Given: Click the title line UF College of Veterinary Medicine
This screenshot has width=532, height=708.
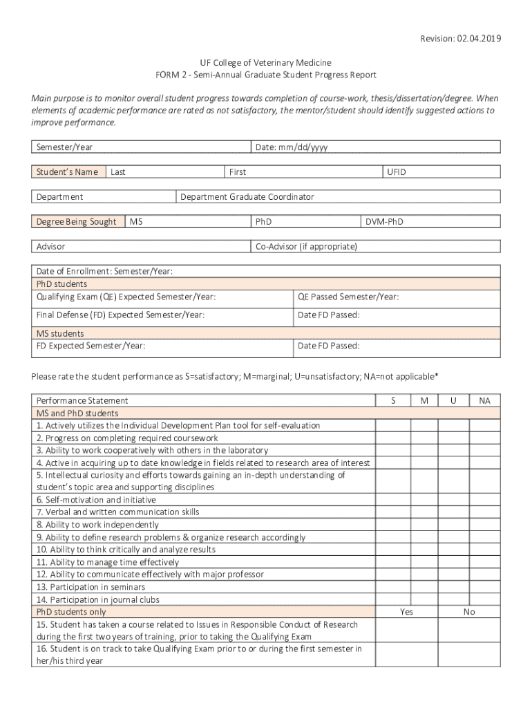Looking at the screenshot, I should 266,63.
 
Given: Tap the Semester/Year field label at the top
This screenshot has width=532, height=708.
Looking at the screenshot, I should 65,147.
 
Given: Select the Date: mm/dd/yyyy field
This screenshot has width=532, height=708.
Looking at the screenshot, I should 292,147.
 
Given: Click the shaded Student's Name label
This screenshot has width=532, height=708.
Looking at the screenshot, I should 68,172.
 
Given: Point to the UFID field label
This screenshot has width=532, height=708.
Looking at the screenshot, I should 397,172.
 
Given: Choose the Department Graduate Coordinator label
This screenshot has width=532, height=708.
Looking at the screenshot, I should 247,197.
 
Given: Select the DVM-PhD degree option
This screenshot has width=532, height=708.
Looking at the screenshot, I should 385,222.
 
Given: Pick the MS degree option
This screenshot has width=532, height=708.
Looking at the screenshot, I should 137,222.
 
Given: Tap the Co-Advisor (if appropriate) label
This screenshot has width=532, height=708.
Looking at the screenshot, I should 306,247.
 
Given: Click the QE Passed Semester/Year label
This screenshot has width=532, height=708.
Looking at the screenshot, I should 348,297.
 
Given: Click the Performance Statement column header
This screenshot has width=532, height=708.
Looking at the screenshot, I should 82,400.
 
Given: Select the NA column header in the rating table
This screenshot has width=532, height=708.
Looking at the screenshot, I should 484,400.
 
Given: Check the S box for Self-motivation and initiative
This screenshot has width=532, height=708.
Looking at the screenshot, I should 393,500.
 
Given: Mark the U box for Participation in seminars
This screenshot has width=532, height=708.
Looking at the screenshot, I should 453,587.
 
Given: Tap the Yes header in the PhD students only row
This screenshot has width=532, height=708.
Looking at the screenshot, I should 407,612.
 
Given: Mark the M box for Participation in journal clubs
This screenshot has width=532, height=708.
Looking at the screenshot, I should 424,599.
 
